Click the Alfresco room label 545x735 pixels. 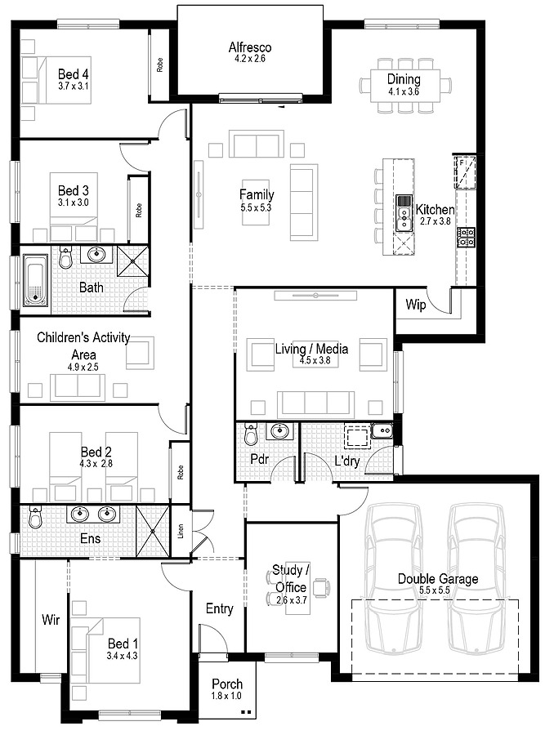[x=249, y=47]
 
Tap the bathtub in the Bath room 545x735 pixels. [x=35, y=280]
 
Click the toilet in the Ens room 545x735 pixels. [x=35, y=518]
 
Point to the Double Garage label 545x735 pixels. [x=438, y=579]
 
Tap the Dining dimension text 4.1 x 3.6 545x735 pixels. [x=404, y=92]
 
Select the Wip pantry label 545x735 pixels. [x=414, y=305]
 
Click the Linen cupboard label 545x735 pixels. [x=181, y=536]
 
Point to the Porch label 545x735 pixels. [x=226, y=684]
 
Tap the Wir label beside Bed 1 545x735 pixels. [x=51, y=621]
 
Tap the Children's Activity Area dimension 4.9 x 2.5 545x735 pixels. [x=83, y=368]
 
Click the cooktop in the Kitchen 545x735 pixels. [x=466, y=237]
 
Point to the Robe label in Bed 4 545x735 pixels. [x=159, y=65]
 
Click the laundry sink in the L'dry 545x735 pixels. [x=382, y=432]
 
